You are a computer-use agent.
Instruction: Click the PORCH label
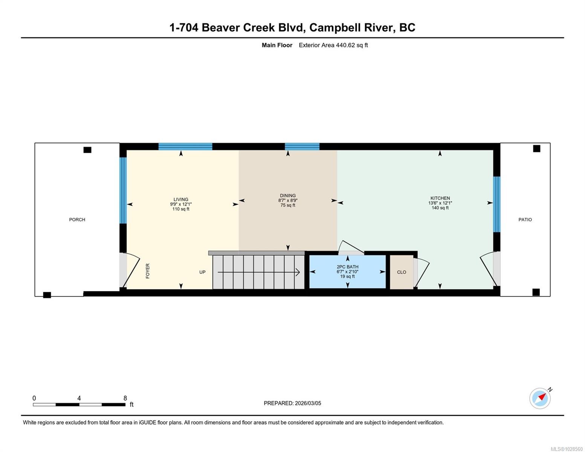(x=77, y=220)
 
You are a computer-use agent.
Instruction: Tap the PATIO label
(x=525, y=220)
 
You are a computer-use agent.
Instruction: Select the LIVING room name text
(x=181, y=200)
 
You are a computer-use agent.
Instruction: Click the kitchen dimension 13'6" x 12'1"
(x=440, y=203)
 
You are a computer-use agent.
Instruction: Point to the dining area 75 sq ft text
(x=288, y=205)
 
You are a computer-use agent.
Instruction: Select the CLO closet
(x=401, y=272)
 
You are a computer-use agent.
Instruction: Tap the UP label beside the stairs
(x=202, y=272)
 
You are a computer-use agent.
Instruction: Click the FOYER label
(x=148, y=271)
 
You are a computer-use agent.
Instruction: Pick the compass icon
(x=540, y=398)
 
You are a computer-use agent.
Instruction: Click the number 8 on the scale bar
(x=125, y=398)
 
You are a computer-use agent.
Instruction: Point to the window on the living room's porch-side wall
(x=123, y=190)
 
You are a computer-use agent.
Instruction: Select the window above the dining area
(x=302, y=147)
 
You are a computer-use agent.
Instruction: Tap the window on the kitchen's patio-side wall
(x=496, y=204)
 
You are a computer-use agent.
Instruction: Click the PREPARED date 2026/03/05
(x=292, y=403)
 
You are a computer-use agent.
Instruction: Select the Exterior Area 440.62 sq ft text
(x=333, y=45)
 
